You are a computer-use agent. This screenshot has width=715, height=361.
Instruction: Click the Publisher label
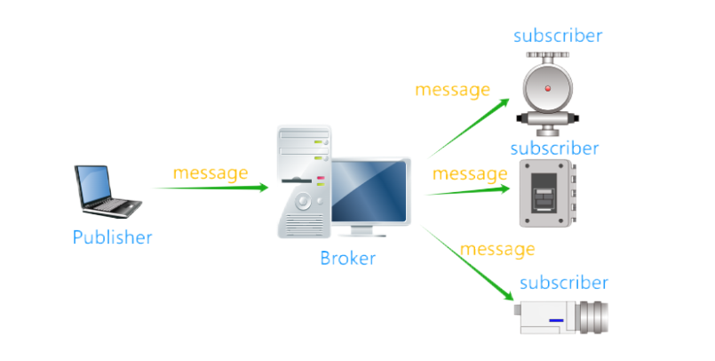(113, 237)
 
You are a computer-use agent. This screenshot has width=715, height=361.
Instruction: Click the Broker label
(347, 259)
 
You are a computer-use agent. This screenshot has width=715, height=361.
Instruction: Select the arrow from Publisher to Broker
(209, 188)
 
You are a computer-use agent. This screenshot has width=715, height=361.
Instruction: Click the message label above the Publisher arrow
(210, 172)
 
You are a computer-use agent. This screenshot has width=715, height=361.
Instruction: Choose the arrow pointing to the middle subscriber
(466, 189)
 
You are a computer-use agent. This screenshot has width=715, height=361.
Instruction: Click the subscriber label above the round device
(558, 36)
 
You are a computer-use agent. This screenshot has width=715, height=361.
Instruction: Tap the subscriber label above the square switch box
(555, 148)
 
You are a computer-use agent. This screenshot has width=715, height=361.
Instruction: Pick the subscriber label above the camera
(564, 283)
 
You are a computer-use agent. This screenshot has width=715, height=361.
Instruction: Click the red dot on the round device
(548, 89)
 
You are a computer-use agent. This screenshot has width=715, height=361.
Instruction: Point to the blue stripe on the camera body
(557, 319)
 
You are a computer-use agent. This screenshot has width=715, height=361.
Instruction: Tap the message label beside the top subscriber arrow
(452, 90)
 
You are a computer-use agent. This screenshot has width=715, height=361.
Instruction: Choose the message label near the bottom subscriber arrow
(497, 248)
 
